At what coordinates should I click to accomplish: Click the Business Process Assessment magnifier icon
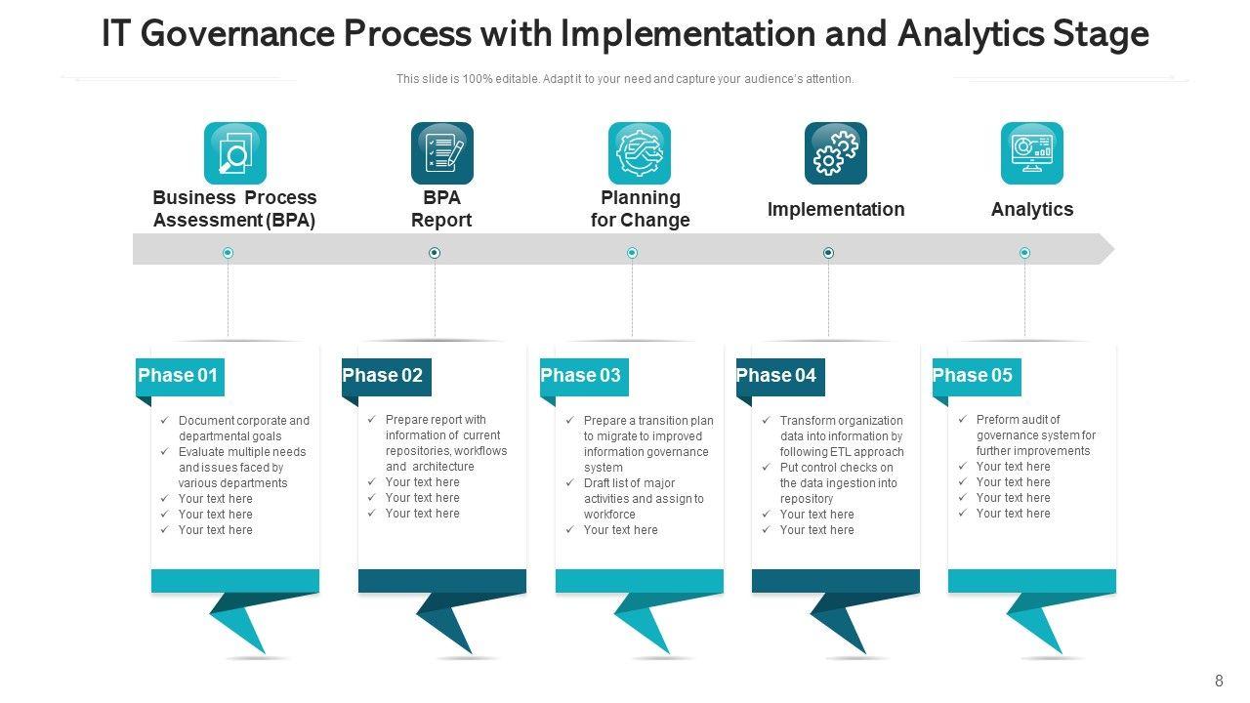coord(235,153)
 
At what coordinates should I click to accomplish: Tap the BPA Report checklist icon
coord(442,153)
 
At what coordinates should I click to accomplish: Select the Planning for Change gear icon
coord(640,153)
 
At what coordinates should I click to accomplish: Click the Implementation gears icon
coord(836,153)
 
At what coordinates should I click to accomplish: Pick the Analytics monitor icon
coord(1032,153)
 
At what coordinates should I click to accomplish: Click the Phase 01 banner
coord(180,376)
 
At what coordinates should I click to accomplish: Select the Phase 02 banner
coord(385,376)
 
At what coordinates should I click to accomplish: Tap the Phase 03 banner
coord(583,376)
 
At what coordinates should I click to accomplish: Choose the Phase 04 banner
coord(778,376)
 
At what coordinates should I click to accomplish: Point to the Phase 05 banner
coord(975,376)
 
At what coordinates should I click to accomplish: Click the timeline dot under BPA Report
coord(435,253)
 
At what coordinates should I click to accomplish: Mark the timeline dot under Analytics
coord(1024,253)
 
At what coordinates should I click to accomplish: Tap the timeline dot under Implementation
coord(828,253)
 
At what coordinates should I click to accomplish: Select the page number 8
coord(1219,682)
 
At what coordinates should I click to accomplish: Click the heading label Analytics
coord(1032,209)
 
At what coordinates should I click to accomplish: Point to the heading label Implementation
coord(836,209)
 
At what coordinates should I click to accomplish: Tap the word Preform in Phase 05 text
coord(997,420)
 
